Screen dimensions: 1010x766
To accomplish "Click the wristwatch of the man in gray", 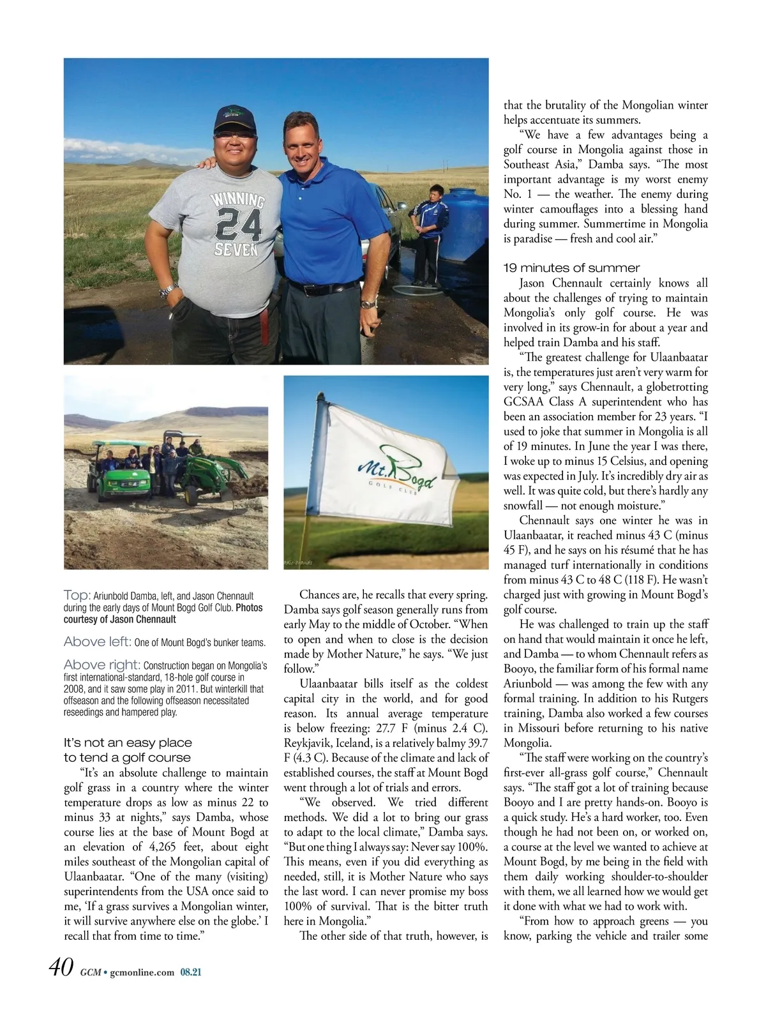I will click(167, 290).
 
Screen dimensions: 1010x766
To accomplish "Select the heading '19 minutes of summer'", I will click(571, 268).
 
